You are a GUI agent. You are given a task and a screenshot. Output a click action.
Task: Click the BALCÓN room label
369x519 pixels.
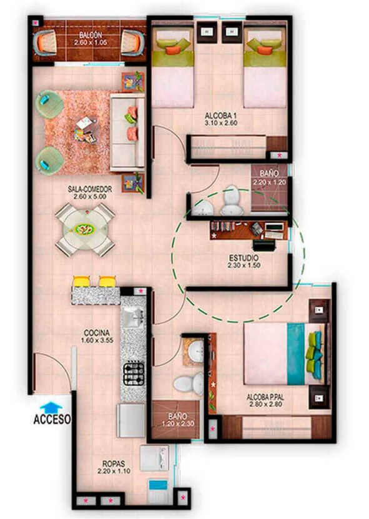(x=91, y=35)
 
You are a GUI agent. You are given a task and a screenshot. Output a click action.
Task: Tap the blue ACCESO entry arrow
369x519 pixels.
(x=51, y=407)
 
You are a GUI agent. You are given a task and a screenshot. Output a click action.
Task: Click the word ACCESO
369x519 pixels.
(x=52, y=419)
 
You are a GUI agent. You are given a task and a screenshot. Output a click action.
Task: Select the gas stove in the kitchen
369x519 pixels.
(x=134, y=374)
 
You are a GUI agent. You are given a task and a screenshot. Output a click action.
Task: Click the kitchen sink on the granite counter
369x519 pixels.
(x=132, y=318)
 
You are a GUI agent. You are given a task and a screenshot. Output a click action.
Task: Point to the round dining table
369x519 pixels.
(x=86, y=229)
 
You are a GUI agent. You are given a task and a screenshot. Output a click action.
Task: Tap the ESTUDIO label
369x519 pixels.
(x=244, y=258)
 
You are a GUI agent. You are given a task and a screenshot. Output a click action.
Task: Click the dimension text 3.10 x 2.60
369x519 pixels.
(x=221, y=123)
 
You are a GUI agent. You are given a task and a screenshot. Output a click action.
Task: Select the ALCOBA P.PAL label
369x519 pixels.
(x=265, y=396)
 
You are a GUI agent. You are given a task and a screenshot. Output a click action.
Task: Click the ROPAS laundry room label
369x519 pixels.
(x=114, y=464)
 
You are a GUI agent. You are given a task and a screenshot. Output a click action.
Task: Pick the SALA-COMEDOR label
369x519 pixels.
(x=90, y=189)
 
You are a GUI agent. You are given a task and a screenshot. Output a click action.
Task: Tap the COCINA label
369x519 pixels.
(x=97, y=333)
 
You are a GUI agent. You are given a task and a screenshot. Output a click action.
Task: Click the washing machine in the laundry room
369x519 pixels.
(x=154, y=458)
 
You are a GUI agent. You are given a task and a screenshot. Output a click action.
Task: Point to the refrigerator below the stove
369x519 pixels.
(x=131, y=420)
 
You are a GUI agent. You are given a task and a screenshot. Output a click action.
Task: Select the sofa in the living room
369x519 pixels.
(x=127, y=132)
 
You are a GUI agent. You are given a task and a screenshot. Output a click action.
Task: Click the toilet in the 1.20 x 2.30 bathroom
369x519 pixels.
(x=189, y=383)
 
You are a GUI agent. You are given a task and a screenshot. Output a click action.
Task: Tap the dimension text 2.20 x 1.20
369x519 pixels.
(x=270, y=182)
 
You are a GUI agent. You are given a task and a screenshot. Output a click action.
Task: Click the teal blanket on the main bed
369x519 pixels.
(x=295, y=353)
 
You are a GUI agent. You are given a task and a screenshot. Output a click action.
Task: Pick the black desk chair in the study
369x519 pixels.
(x=264, y=245)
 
